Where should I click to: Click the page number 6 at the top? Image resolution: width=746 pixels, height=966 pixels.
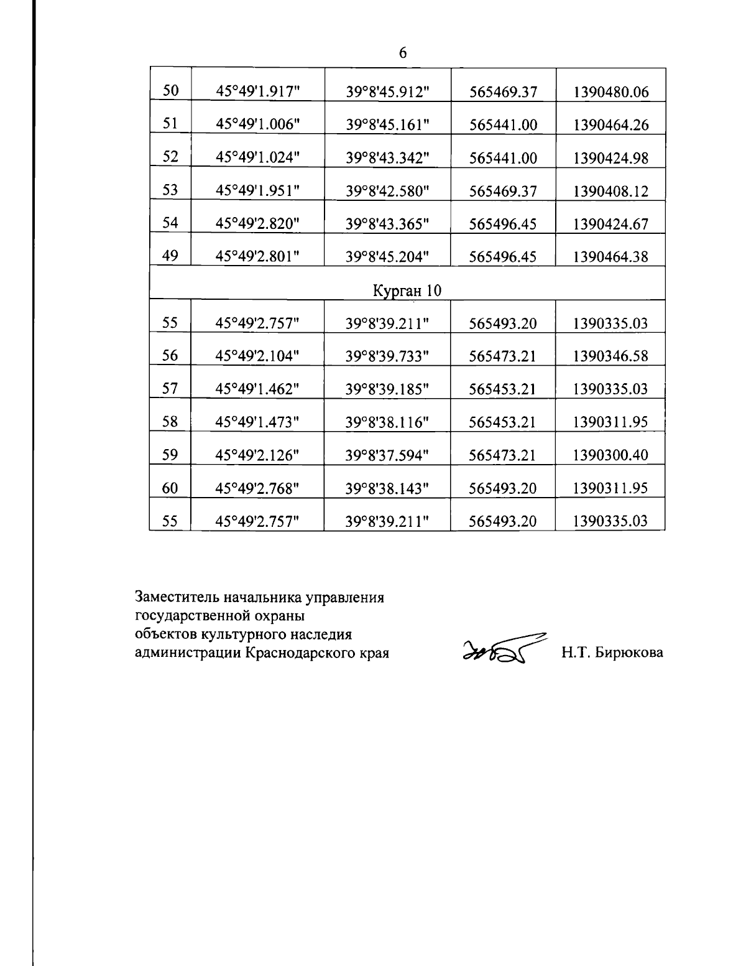(x=402, y=53)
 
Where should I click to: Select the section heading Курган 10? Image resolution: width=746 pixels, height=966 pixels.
(x=407, y=290)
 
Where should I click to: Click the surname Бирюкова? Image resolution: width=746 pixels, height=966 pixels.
(x=629, y=653)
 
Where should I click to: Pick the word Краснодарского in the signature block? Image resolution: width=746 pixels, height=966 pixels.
(x=298, y=653)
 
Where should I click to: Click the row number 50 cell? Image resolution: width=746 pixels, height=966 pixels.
(x=170, y=91)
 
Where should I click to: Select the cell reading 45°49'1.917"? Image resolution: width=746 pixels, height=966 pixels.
(x=257, y=91)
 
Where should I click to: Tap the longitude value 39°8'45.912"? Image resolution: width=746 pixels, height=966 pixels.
(x=387, y=92)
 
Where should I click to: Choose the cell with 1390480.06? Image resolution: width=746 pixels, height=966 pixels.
(x=610, y=93)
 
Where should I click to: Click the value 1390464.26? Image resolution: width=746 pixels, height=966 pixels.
(x=610, y=126)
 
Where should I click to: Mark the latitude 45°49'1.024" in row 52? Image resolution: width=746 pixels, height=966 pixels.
(x=257, y=157)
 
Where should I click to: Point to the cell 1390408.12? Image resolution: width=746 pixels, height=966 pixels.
(x=610, y=192)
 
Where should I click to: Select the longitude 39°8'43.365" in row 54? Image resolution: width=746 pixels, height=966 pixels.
(x=387, y=224)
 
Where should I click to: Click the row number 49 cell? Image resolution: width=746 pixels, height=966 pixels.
(x=170, y=256)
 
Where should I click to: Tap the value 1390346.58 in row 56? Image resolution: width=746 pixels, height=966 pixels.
(x=610, y=356)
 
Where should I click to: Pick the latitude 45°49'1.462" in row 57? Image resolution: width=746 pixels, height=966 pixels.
(x=257, y=389)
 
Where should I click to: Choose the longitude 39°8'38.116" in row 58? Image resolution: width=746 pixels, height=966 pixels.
(x=387, y=422)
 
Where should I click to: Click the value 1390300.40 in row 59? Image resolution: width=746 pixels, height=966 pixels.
(x=610, y=455)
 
